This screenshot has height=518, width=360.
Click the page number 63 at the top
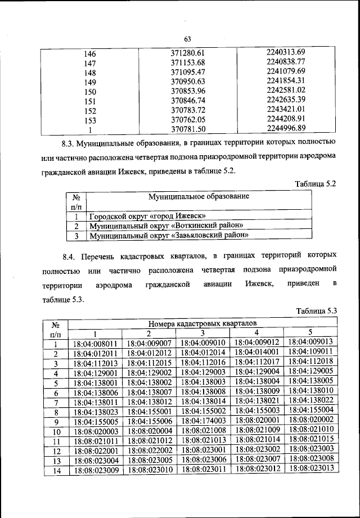click(188, 38)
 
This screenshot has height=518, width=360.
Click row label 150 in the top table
click(90, 92)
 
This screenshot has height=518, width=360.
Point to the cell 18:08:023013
click(310, 468)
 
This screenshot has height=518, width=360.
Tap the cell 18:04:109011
click(310, 352)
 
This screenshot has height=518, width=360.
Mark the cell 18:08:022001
click(95, 450)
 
